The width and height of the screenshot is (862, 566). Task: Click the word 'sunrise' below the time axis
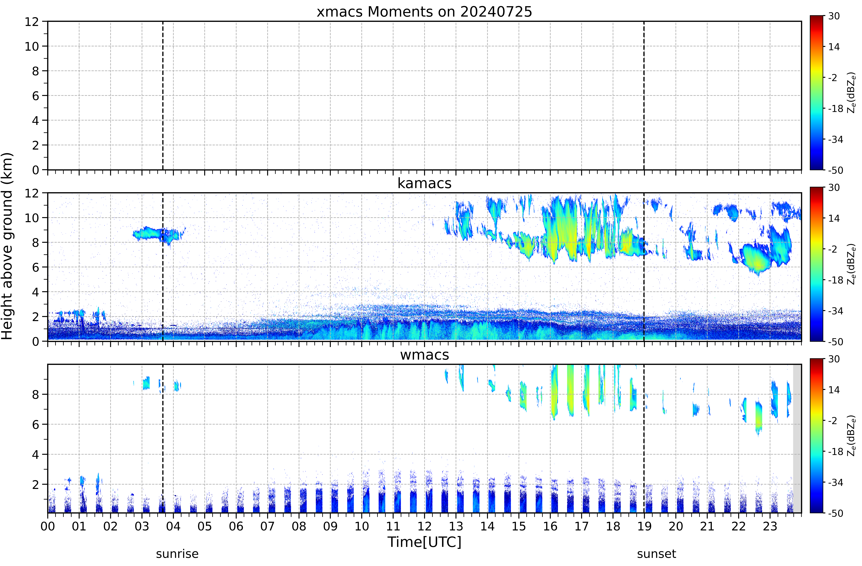point(177,554)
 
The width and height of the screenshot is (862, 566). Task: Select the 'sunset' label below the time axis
point(656,554)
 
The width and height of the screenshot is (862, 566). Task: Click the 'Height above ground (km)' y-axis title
point(7,246)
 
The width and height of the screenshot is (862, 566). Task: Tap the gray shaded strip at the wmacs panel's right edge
point(797,438)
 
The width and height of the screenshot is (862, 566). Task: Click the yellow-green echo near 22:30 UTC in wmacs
point(758,417)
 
